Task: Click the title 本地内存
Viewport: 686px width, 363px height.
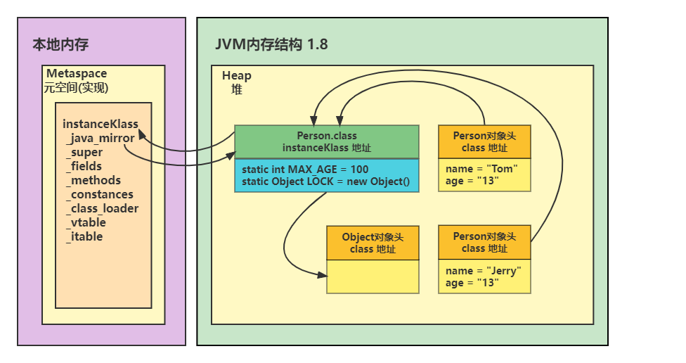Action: point(60,45)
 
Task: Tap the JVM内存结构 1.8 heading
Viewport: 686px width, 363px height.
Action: point(271,45)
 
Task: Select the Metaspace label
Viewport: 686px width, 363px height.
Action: point(77,74)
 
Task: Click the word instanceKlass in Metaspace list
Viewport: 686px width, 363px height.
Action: point(101,124)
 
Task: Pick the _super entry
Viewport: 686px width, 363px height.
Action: point(84,152)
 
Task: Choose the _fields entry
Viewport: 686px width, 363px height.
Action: point(84,166)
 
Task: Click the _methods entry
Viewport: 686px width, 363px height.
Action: point(93,180)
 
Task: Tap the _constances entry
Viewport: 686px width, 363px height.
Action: point(99,194)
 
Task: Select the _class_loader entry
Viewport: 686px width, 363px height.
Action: point(102,208)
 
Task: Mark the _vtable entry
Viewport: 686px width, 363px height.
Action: point(86,222)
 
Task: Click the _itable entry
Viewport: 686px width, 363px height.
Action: point(84,236)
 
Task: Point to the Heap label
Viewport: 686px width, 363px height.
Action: point(236,76)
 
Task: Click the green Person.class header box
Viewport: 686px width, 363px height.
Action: point(326,141)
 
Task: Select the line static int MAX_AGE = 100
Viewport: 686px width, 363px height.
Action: point(305,170)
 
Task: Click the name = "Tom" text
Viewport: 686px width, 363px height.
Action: point(481,169)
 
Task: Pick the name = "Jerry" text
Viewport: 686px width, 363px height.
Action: point(484,271)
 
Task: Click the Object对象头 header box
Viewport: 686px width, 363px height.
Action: point(373,243)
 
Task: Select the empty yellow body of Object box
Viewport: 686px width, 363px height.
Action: point(373,276)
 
